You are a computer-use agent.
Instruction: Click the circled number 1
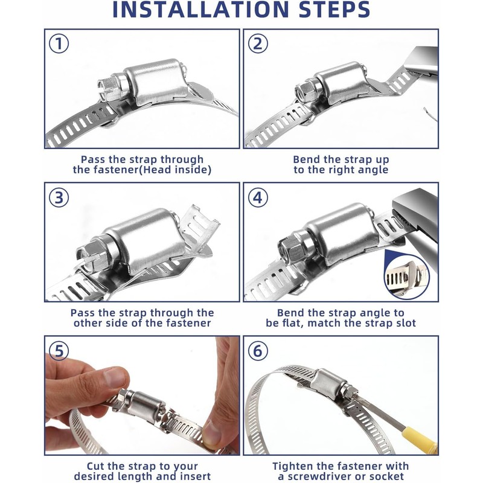pyautogui.click(x=59, y=43)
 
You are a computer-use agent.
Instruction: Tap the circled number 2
pyautogui.click(x=258, y=43)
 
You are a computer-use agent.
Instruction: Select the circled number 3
pyautogui.click(x=59, y=197)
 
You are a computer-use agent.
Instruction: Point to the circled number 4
pyautogui.click(x=258, y=197)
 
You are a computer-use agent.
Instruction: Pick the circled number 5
pyautogui.click(x=59, y=351)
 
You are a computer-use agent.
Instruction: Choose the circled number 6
pyautogui.click(x=258, y=351)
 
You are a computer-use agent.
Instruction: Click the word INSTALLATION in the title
pyautogui.click(x=200, y=10)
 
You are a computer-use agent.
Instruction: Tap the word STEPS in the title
pyautogui.click(x=334, y=10)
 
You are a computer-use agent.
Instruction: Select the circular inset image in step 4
pyautogui.click(x=406, y=277)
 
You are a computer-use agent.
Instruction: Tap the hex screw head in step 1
pyautogui.click(x=109, y=88)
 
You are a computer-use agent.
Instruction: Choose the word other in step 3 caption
pyautogui.click(x=87, y=323)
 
